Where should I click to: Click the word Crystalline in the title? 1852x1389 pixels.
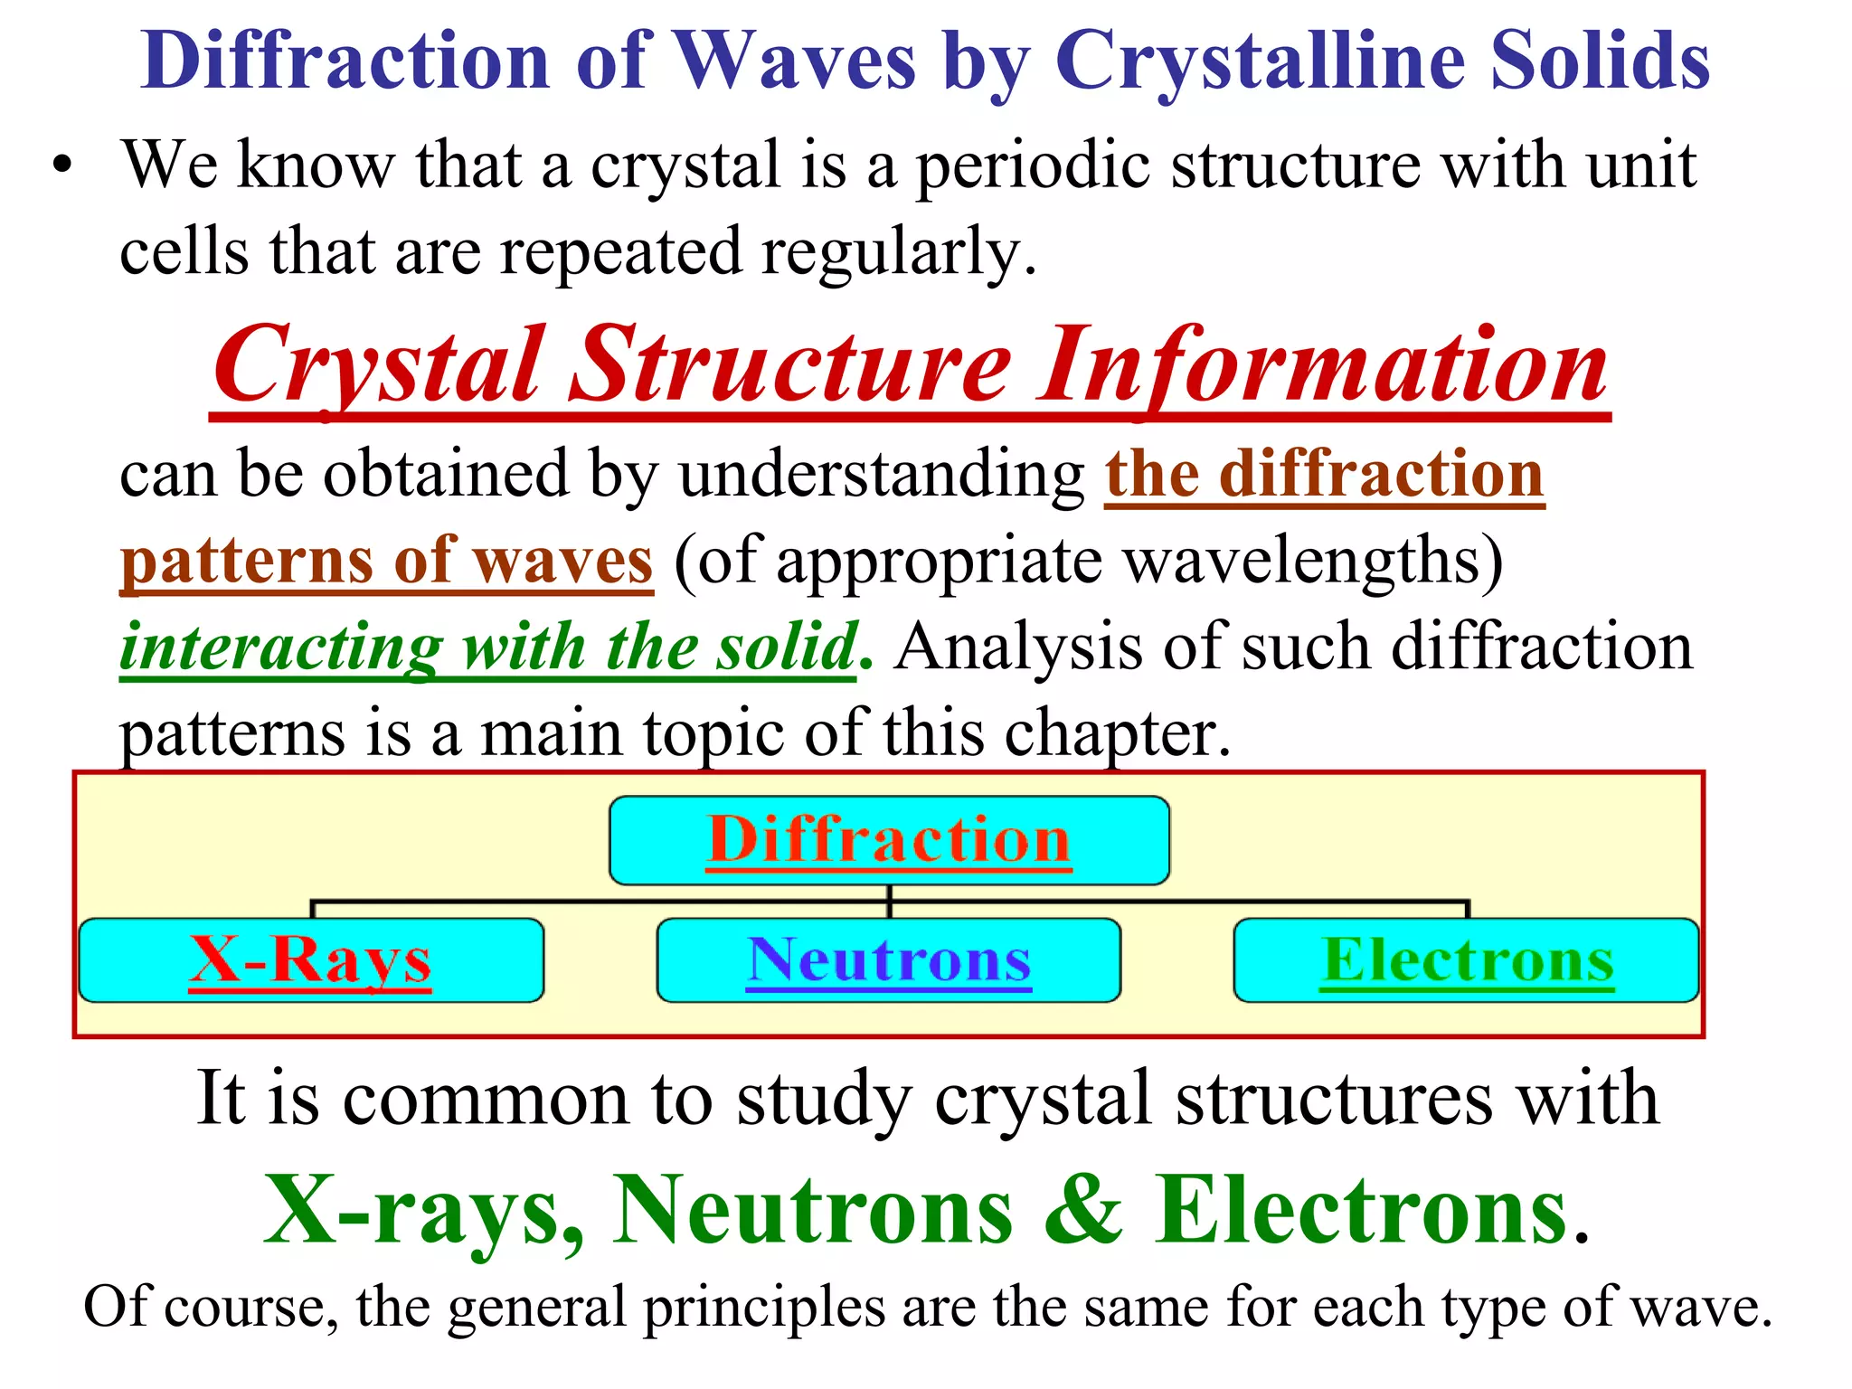click(1259, 61)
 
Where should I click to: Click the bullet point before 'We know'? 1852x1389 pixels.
click(61, 168)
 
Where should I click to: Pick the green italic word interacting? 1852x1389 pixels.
click(280, 647)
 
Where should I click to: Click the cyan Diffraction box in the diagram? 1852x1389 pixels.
click(889, 840)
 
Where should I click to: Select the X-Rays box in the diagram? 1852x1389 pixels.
click(311, 960)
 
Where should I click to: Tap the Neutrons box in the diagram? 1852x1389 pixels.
click(889, 960)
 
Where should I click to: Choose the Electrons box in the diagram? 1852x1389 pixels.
click(1467, 960)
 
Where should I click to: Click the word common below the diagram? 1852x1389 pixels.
click(485, 1100)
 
